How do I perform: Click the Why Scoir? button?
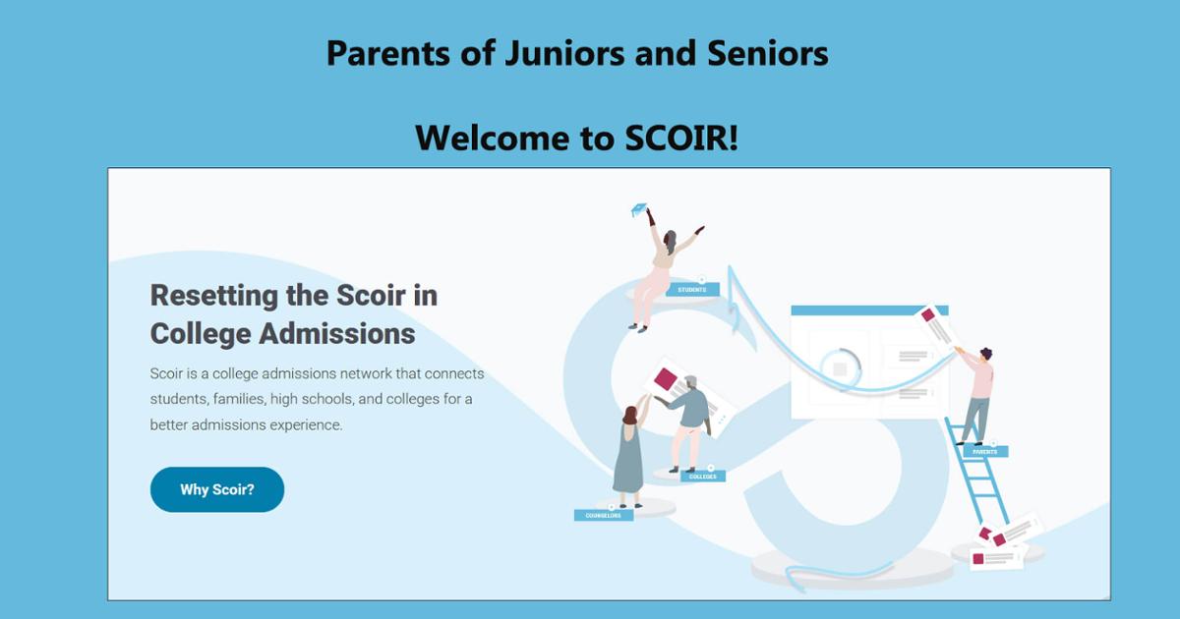pyautogui.click(x=216, y=489)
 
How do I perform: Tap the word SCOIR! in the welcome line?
pyautogui.click(x=681, y=139)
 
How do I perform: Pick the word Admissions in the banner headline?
pyautogui.click(x=336, y=334)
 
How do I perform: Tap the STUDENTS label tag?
pyautogui.click(x=692, y=289)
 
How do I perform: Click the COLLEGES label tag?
pyautogui.click(x=703, y=477)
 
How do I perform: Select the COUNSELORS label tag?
pyautogui.click(x=603, y=515)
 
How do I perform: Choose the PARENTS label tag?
pyautogui.click(x=984, y=452)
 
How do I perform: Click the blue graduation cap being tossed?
pyautogui.click(x=639, y=209)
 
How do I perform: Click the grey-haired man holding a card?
pyautogui.click(x=690, y=418)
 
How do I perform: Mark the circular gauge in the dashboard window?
pyautogui.click(x=839, y=366)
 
